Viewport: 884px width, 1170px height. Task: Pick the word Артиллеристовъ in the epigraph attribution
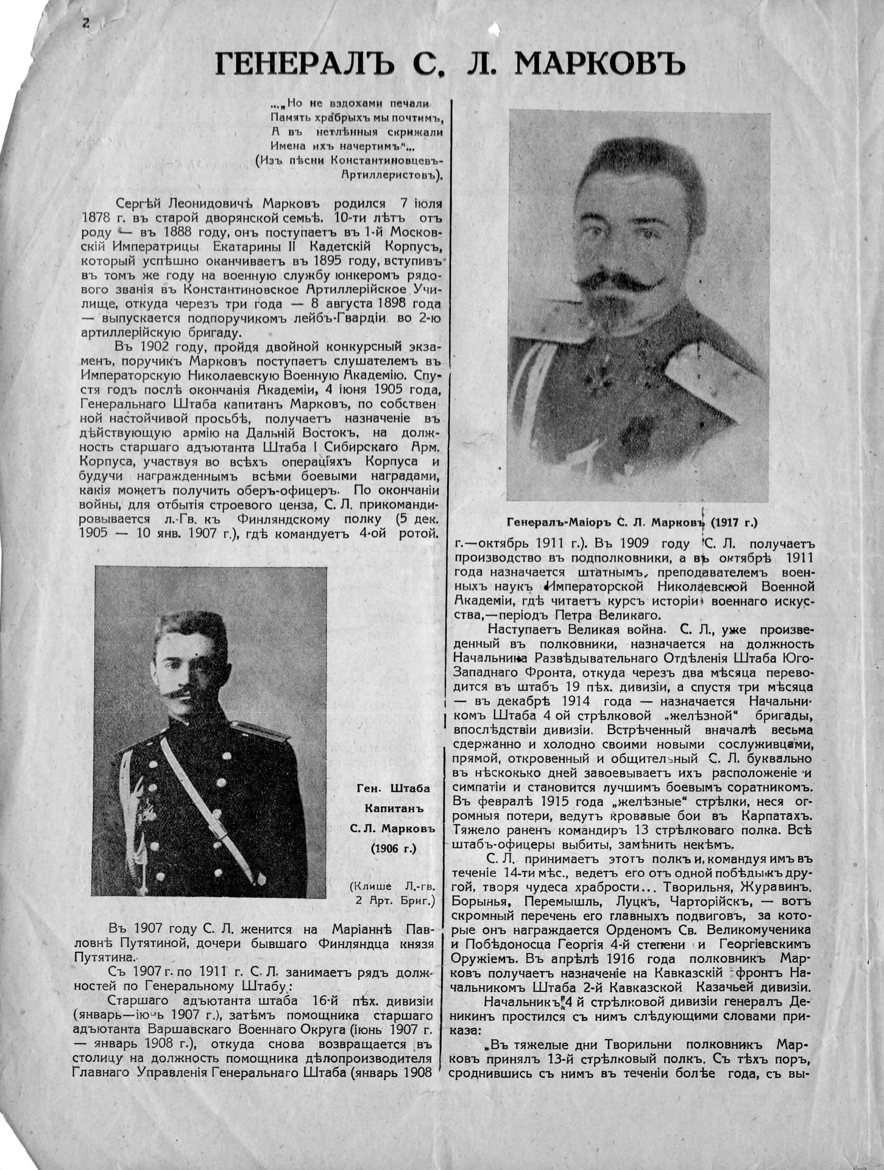pyautogui.click(x=389, y=174)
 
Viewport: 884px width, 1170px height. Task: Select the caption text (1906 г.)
pyautogui.click(x=393, y=848)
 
